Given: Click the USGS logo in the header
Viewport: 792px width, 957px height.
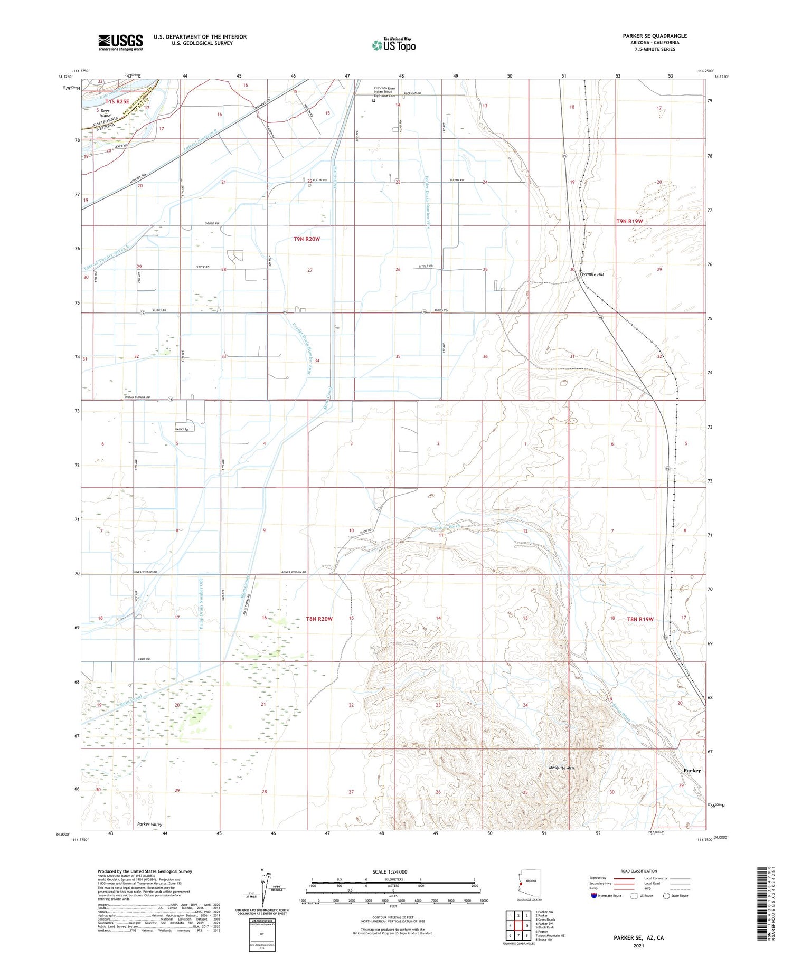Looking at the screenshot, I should tap(120, 42).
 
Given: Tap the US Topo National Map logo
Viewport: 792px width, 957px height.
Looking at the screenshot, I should tap(393, 45).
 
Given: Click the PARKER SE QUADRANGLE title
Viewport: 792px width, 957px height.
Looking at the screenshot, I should tap(654, 36).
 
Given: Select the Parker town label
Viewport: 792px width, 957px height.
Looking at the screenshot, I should tap(692, 771).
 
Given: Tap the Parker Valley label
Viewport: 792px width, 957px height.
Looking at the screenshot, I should tap(149, 824).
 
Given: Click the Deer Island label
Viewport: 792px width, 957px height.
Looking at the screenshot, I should tap(105, 113).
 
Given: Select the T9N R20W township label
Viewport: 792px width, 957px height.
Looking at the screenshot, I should tap(307, 239).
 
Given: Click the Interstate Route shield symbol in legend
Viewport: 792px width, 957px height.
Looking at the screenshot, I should tap(593, 896).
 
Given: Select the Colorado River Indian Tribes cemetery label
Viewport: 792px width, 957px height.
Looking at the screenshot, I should tap(384, 92).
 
